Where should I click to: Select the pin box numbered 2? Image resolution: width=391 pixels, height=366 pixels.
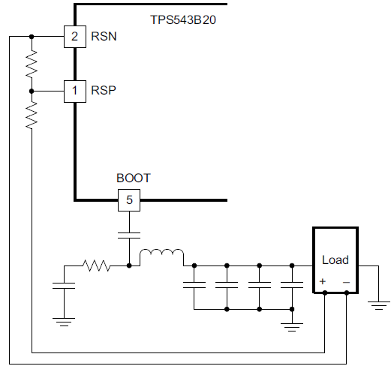tap(74, 36)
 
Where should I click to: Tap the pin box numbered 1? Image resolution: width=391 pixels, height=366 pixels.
tap(74, 91)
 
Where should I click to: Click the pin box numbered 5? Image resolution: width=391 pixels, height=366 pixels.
tap(129, 200)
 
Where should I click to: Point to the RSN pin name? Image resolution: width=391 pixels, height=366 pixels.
tap(104, 36)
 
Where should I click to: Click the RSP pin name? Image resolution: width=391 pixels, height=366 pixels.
tap(104, 91)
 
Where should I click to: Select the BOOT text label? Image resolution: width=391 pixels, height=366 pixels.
tap(133, 178)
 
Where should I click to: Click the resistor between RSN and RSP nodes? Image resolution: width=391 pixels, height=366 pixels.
tap(32, 64)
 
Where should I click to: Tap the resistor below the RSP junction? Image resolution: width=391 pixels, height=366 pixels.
tap(32, 115)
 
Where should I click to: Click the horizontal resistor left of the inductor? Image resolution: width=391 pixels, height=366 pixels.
tap(96, 265)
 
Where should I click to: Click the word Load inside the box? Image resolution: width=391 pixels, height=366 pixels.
tap(335, 260)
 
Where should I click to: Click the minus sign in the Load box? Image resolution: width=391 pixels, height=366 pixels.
tap(346, 282)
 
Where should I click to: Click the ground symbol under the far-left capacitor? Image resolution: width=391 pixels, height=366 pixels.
tap(64, 321)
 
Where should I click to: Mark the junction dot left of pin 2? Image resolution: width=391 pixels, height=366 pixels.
tap(32, 36)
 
